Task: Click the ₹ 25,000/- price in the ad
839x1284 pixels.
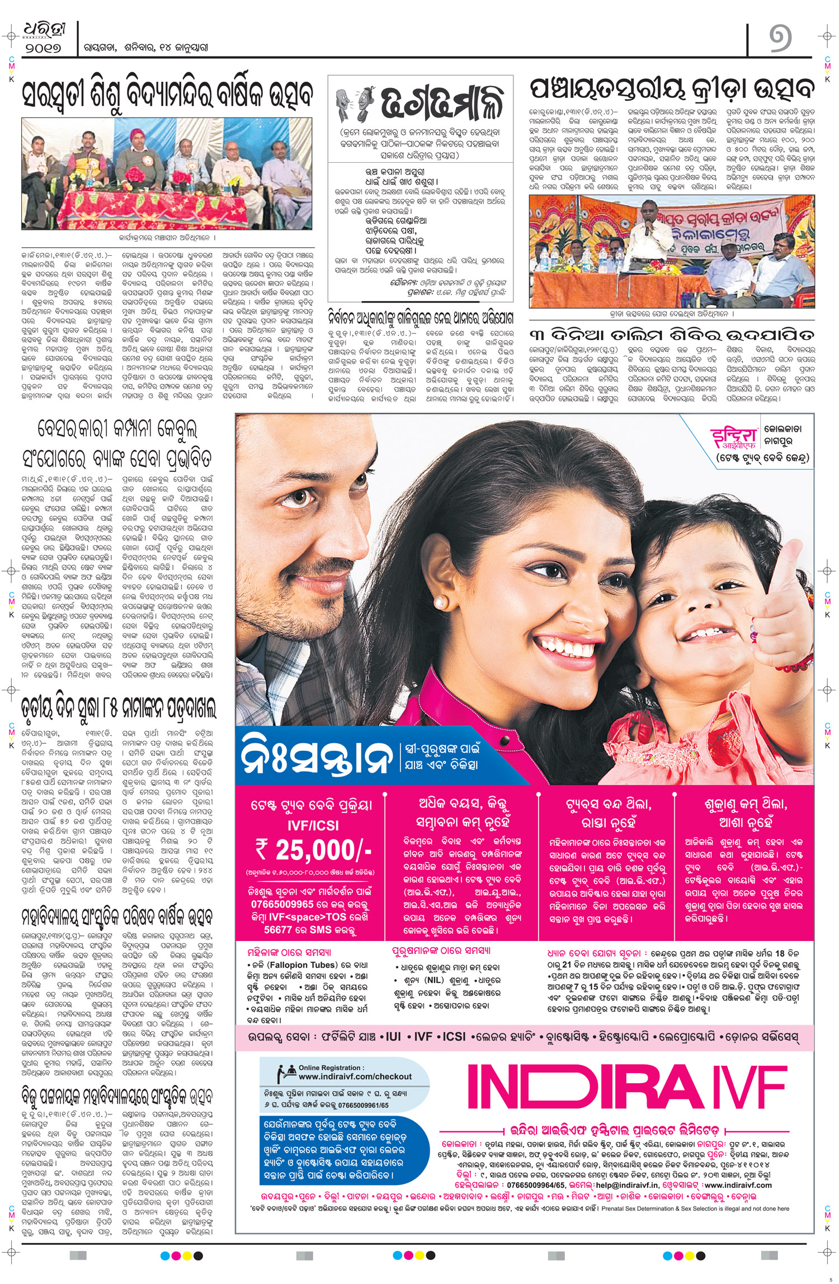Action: click(313, 850)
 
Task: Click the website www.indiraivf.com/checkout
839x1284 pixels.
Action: click(355, 1077)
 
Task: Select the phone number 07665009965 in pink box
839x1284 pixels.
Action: click(282, 904)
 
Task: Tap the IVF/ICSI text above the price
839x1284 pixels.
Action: click(313, 825)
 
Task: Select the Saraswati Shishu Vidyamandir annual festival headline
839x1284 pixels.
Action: click(167, 95)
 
